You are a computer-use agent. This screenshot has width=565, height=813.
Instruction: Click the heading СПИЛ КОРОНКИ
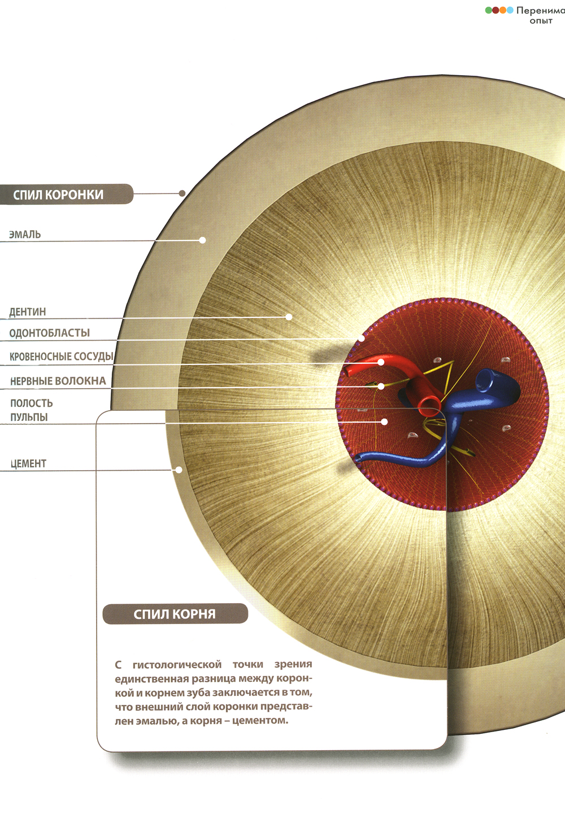pyautogui.click(x=58, y=195)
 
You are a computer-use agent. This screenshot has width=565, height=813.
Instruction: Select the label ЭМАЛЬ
pyautogui.click(x=25, y=234)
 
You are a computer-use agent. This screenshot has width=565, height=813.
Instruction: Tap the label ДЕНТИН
pyautogui.click(x=28, y=312)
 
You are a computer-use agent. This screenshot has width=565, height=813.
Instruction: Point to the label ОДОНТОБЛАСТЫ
pyautogui.click(x=50, y=333)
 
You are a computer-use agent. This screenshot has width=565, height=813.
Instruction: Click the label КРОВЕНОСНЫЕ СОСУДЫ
pyautogui.click(x=62, y=356)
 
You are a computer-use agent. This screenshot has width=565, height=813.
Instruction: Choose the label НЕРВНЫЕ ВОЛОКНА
pyautogui.click(x=58, y=381)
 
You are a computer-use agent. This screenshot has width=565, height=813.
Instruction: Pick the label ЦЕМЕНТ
pyautogui.click(x=28, y=464)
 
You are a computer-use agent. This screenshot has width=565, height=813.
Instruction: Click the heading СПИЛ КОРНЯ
pyautogui.click(x=175, y=614)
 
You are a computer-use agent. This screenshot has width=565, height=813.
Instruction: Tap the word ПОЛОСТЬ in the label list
pyautogui.click(x=32, y=403)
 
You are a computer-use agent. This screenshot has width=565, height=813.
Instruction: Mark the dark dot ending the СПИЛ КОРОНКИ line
pyautogui.click(x=182, y=193)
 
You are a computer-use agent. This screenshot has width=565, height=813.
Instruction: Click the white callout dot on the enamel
pyautogui.click(x=202, y=240)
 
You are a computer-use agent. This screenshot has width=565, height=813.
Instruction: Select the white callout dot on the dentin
pyautogui.click(x=289, y=317)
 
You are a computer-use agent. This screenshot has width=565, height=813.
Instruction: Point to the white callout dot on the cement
pyautogui.click(x=179, y=470)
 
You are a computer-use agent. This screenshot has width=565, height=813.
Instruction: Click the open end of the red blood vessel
pyautogui.click(x=429, y=404)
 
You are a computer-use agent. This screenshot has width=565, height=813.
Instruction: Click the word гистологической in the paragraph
pyautogui.click(x=177, y=664)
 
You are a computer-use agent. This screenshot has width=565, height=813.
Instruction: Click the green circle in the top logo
pyautogui.click(x=489, y=10)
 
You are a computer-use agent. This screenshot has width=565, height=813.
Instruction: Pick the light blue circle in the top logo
pyautogui.click(x=510, y=10)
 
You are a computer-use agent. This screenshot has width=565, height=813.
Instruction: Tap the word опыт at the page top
pyautogui.click(x=541, y=21)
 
